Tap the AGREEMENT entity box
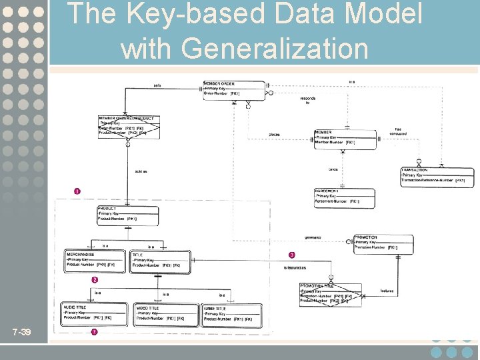[x=344, y=197]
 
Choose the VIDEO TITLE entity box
[x=166, y=313]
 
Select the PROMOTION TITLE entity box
[x=331, y=294]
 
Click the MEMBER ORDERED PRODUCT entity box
[x=129, y=126]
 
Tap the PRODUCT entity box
[x=127, y=214]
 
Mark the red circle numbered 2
[x=95, y=279]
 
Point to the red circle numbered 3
[x=291, y=255]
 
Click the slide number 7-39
[x=22, y=333]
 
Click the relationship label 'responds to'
[x=308, y=100]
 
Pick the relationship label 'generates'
[x=313, y=237]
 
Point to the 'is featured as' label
[x=295, y=267]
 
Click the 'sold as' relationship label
[x=141, y=171]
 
